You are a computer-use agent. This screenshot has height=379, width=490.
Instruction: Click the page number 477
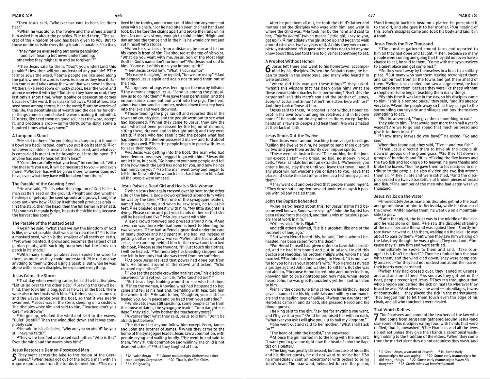click(371, 15)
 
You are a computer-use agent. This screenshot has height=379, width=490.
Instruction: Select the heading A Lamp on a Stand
click(30, 135)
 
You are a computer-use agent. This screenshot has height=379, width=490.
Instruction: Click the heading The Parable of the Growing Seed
click(43, 184)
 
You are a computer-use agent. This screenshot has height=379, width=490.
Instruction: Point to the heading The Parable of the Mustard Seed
click(43, 223)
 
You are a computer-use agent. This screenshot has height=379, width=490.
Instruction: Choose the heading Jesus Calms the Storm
click(34, 276)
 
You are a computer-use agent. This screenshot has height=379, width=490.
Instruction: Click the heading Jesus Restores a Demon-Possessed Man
click(51, 350)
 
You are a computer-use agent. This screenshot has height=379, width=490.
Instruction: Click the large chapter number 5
click(14, 357)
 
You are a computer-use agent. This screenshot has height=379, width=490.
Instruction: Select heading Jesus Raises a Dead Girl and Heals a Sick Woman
click(167, 186)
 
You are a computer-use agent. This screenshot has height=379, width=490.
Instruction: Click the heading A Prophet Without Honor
click(290, 61)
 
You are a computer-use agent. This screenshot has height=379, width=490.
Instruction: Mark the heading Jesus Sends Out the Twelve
click(292, 135)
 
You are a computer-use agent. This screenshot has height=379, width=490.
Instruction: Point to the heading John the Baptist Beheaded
click(291, 201)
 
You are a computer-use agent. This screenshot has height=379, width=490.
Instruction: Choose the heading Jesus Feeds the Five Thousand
click(403, 43)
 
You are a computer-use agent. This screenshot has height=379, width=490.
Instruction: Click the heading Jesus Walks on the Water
click(399, 196)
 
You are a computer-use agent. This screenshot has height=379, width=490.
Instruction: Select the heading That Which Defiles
click(392, 309)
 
